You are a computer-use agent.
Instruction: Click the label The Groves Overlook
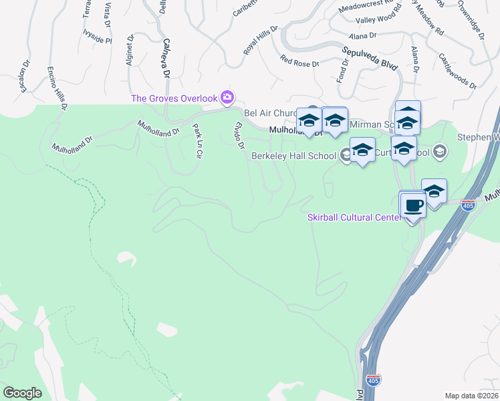pos(174,98)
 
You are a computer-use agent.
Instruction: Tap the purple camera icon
pos(227,98)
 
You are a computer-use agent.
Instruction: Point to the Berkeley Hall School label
pos(293,156)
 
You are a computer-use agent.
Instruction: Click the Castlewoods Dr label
pos(458,74)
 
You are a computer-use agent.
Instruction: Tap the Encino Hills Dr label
pos(57,87)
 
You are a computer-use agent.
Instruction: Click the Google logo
pos(23,392)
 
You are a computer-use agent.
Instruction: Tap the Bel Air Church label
pos(269,114)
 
